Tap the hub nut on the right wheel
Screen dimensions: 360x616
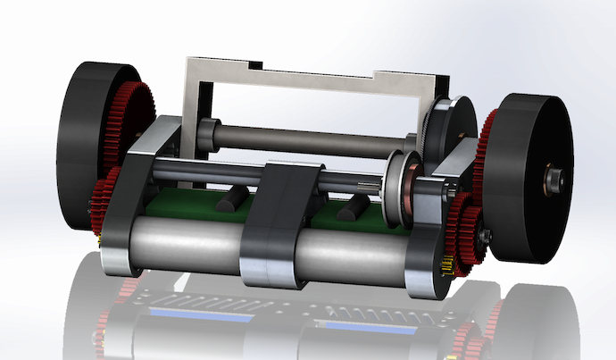pyautogui.click(x=554, y=180)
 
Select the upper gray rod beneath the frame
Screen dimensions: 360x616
pyautogui.click(x=312, y=139)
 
